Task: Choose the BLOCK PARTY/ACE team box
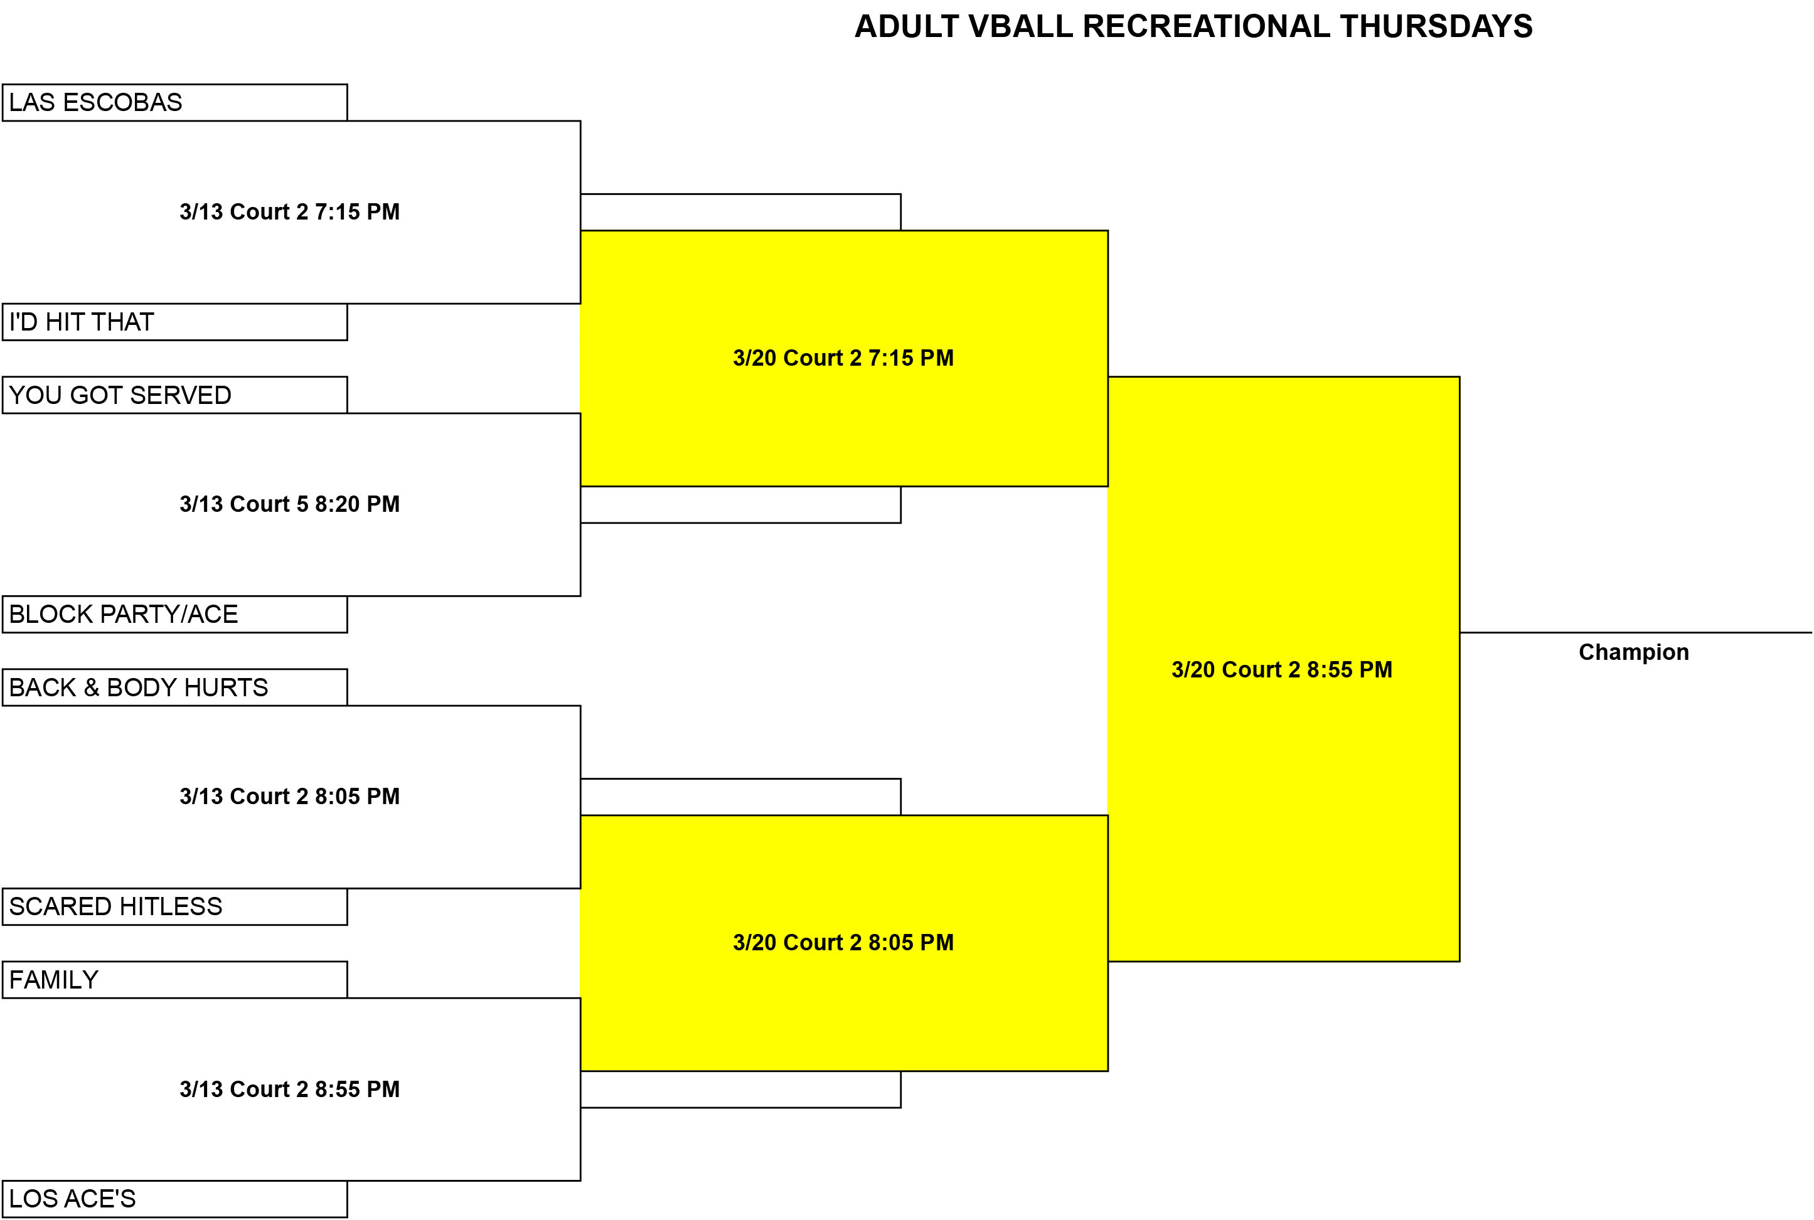pos(174,615)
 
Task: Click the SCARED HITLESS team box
pos(174,907)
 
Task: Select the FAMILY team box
pos(174,980)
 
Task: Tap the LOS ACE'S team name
pos(72,1199)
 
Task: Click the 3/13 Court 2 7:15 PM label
pos(289,211)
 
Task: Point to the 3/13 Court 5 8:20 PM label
pos(289,504)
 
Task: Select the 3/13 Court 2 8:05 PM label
pos(289,797)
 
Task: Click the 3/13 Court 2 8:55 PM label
pos(289,1090)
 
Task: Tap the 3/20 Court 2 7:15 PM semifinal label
pos(843,358)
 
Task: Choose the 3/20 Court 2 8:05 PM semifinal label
pos(843,943)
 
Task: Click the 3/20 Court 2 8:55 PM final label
pos(1282,670)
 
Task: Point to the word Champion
pos(1633,652)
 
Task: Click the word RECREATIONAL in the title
pos(1205,26)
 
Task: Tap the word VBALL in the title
pos(1020,26)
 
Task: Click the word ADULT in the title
pos(907,26)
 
